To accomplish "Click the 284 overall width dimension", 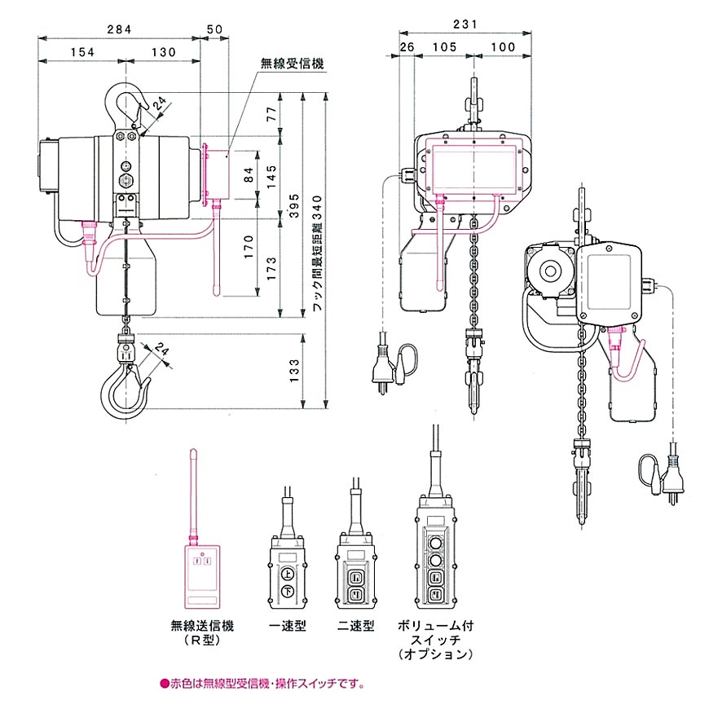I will coord(121,30).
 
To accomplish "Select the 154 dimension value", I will coord(82,51).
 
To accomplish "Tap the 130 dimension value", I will coord(163,51).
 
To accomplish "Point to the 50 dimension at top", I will coord(215,30).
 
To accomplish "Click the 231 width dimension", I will coord(465,25).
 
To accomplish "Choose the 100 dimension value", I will coord(503,47).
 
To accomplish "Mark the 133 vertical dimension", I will coord(295,372).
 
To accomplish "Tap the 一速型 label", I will coord(288,626).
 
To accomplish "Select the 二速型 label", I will coord(356,626).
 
